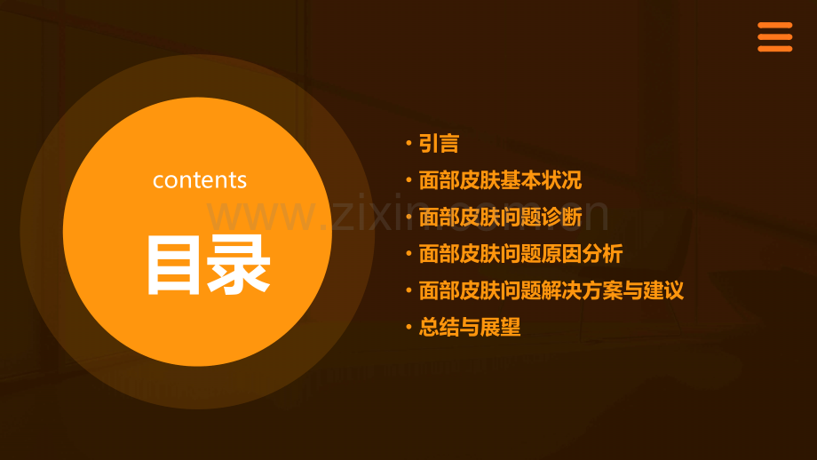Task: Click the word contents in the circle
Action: point(199,180)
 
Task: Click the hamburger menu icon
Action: point(774,37)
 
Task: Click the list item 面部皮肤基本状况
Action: point(500,180)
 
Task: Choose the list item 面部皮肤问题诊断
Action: point(500,217)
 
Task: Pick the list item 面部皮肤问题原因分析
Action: point(520,254)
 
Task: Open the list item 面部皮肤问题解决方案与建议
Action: point(551,290)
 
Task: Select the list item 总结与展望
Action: point(469,327)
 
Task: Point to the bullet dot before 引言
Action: point(408,143)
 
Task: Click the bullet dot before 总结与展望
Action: point(408,327)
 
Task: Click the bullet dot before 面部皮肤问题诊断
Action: point(408,217)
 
